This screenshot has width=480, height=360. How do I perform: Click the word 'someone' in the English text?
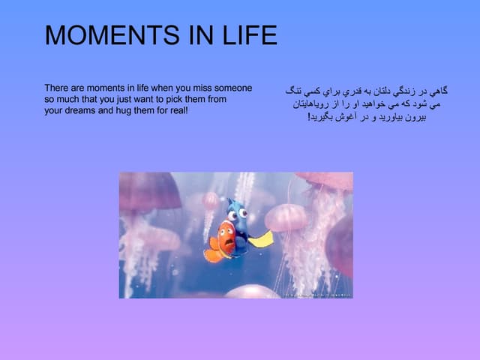pyautogui.click(x=228, y=88)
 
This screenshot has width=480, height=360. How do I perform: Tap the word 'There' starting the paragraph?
pyautogui.click(x=55, y=88)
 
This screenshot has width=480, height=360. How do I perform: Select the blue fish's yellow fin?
pyautogui.click(x=261, y=240)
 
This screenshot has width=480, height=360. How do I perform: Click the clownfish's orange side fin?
pyautogui.click(x=213, y=256)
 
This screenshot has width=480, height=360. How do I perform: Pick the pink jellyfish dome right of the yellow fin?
pyautogui.click(x=285, y=217)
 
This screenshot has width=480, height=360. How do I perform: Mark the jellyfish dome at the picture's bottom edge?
pyautogui.click(x=252, y=292)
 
